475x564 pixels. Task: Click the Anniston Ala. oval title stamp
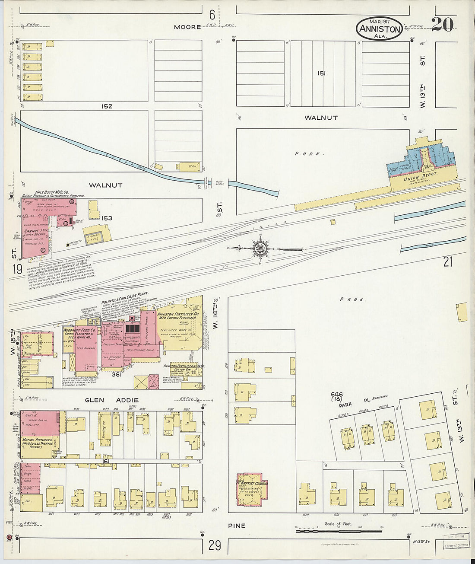[x=379, y=29]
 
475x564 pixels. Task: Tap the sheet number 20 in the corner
[x=442, y=25]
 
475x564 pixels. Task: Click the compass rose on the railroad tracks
[x=260, y=249]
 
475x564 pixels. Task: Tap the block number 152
[x=107, y=106]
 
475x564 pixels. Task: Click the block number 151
[x=321, y=73]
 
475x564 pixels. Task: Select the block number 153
[x=106, y=218]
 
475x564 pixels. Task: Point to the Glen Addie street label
[x=111, y=400]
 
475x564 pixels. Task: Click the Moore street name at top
[x=187, y=27]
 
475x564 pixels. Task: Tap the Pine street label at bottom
[x=237, y=526]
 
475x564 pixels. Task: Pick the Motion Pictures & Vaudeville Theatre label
[x=38, y=443]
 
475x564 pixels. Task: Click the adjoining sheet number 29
[x=215, y=545]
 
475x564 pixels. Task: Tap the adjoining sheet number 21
[x=448, y=261]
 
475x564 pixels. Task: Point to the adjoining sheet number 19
[x=17, y=269]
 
